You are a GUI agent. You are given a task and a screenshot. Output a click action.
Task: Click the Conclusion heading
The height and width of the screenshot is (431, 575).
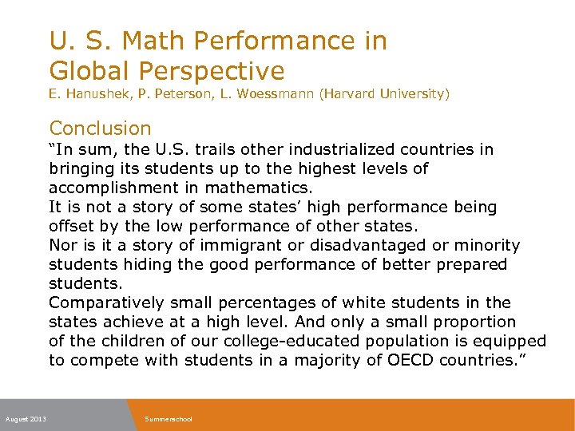click(100, 128)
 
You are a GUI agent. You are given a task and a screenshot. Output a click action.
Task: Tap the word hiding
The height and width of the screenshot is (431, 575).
click(143, 264)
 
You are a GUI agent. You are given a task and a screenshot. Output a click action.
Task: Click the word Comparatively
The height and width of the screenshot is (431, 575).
click(106, 302)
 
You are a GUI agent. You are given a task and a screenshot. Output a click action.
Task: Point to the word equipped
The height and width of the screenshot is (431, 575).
click(514, 341)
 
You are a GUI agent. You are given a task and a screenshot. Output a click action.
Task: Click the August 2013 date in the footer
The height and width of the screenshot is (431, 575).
click(26, 419)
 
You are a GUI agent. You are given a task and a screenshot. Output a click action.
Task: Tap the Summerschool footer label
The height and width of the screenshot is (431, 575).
click(169, 419)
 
